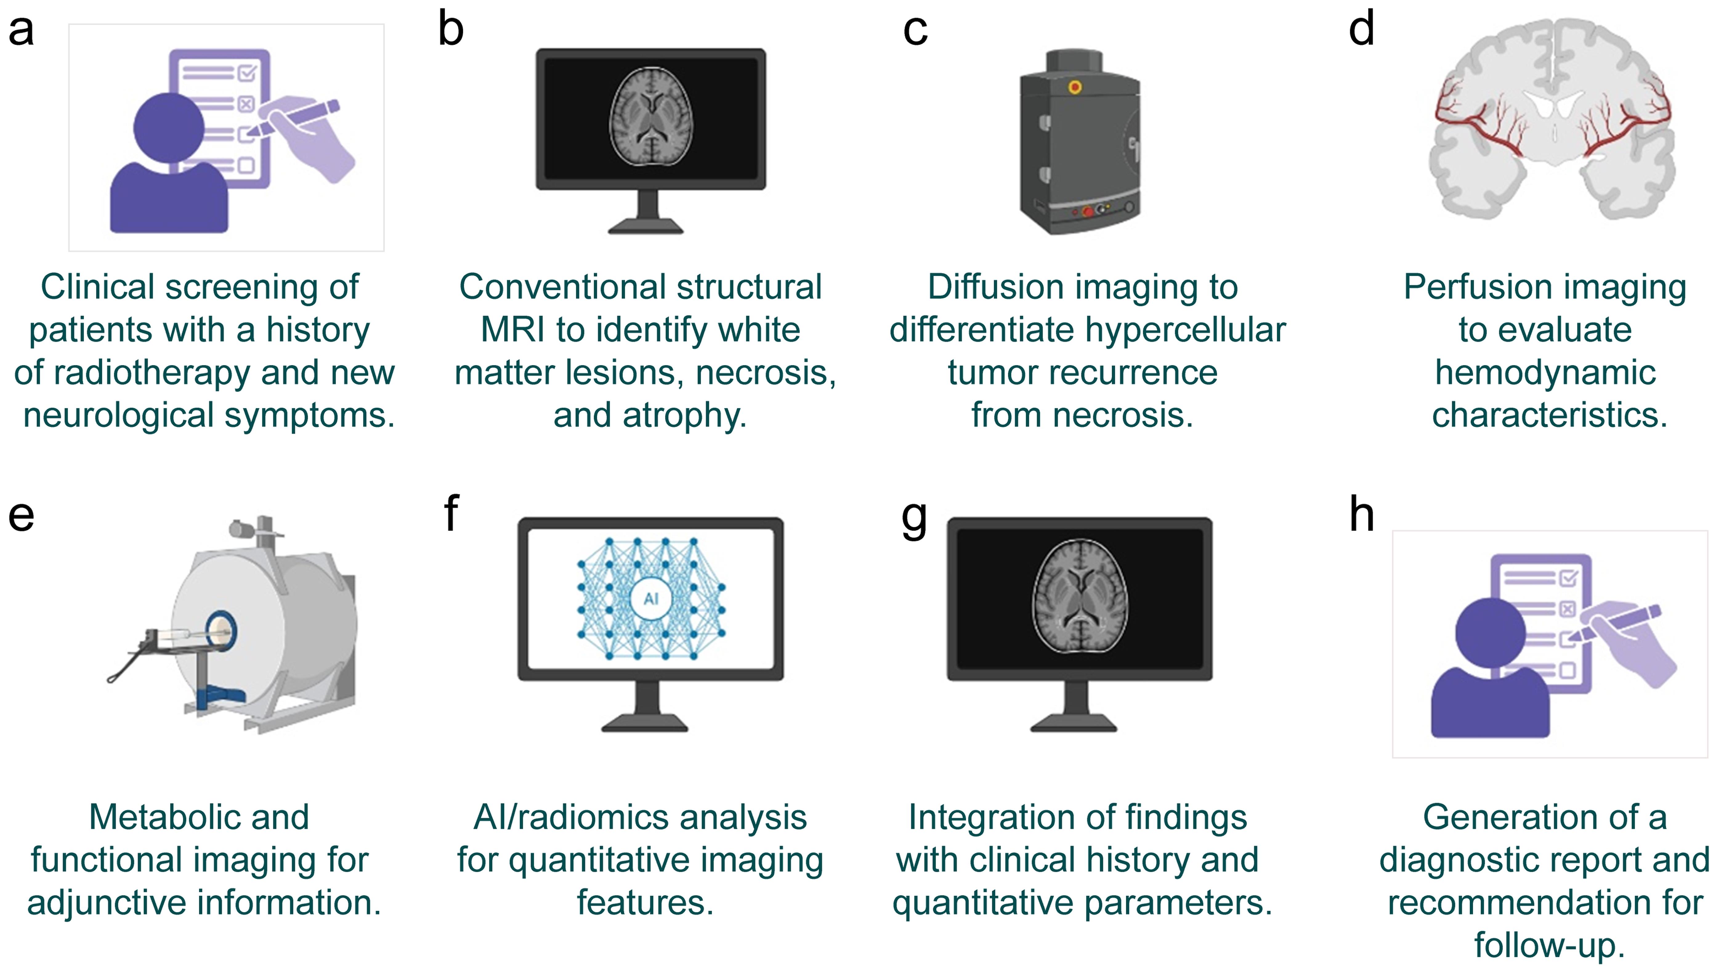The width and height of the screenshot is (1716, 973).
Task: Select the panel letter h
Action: (x=1361, y=515)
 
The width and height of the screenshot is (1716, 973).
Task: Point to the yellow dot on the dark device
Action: (x=1075, y=87)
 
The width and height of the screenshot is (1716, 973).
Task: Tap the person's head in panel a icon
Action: (x=168, y=127)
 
